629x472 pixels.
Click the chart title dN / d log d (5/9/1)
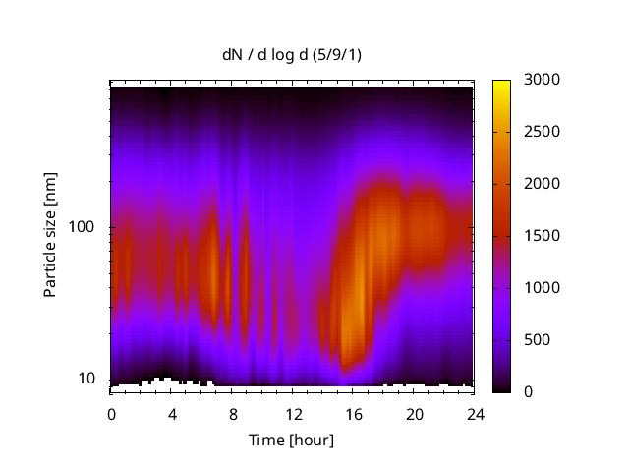[x=291, y=55]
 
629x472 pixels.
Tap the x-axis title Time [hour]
[x=291, y=440]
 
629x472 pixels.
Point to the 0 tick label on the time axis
[x=111, y=413]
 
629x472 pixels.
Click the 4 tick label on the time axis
[x=172, y=413]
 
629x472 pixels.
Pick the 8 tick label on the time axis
[x=233, y=413]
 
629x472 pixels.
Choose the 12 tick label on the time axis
[x=293, y=413]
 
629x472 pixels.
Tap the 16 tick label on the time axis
[x=354, y=413]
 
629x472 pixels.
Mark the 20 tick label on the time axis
[x=415, y=413]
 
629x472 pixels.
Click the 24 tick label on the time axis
[x=476, y=413]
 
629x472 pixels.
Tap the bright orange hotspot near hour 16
[x=358, y=290]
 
